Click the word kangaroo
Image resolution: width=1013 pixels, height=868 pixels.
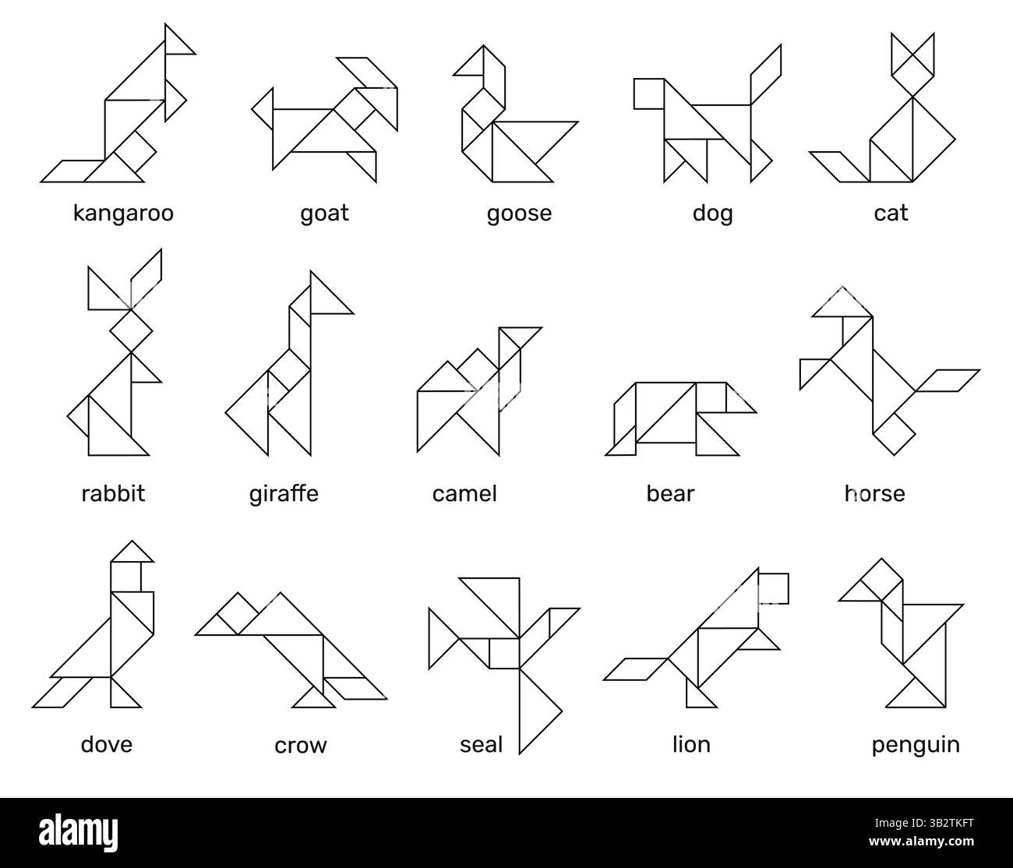click(123, 213)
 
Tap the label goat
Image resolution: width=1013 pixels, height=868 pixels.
click(324, 213)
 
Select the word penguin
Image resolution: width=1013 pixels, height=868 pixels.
click(916, 744)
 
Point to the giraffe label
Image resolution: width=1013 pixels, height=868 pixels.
click(284, 493)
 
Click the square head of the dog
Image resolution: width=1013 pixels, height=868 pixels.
click(648, 94)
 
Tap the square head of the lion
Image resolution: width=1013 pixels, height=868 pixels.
click(773, 587)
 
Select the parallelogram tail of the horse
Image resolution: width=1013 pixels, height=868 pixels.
click(947, 379)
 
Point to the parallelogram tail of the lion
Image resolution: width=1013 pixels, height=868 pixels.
click(635, 669)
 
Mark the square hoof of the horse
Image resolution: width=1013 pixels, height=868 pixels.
click(894, 432)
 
